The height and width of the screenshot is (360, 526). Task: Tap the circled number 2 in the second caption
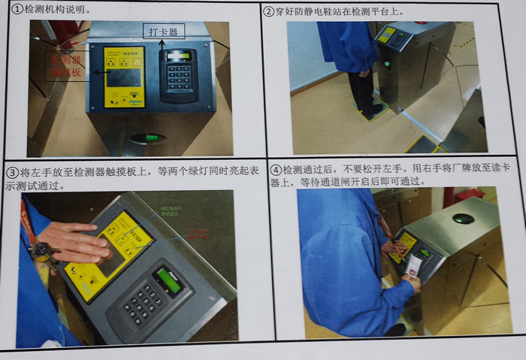(269, 11)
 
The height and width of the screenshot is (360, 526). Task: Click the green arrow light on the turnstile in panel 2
(387, 64)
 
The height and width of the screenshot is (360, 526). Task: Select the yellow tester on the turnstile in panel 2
(386, 34)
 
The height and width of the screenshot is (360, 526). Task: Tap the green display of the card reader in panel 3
(167, 280)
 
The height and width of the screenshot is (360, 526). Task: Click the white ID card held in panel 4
(413, 265)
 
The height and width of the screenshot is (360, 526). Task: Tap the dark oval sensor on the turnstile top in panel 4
(463, 219)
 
